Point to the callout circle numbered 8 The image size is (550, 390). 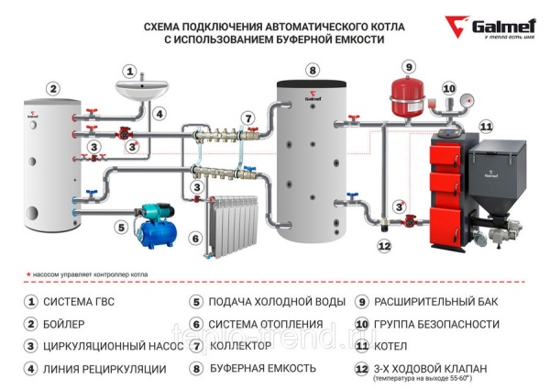[x=313, y=70]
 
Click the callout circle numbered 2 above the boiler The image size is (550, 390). [x=53, y=89]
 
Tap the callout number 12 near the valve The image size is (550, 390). [x=384, y=246]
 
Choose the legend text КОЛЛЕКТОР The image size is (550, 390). [x=242, y=346]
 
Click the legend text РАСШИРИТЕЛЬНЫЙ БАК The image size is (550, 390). [x=435, y=302]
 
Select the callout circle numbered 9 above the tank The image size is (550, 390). [x=409, y=66]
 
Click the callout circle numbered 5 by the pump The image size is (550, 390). [x=120, y=227]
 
